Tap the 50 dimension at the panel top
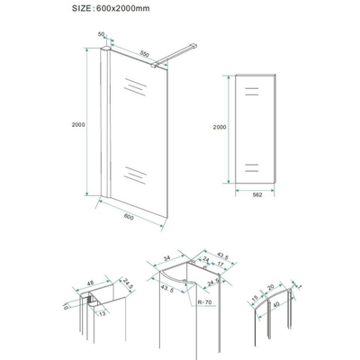coord(101,36)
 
